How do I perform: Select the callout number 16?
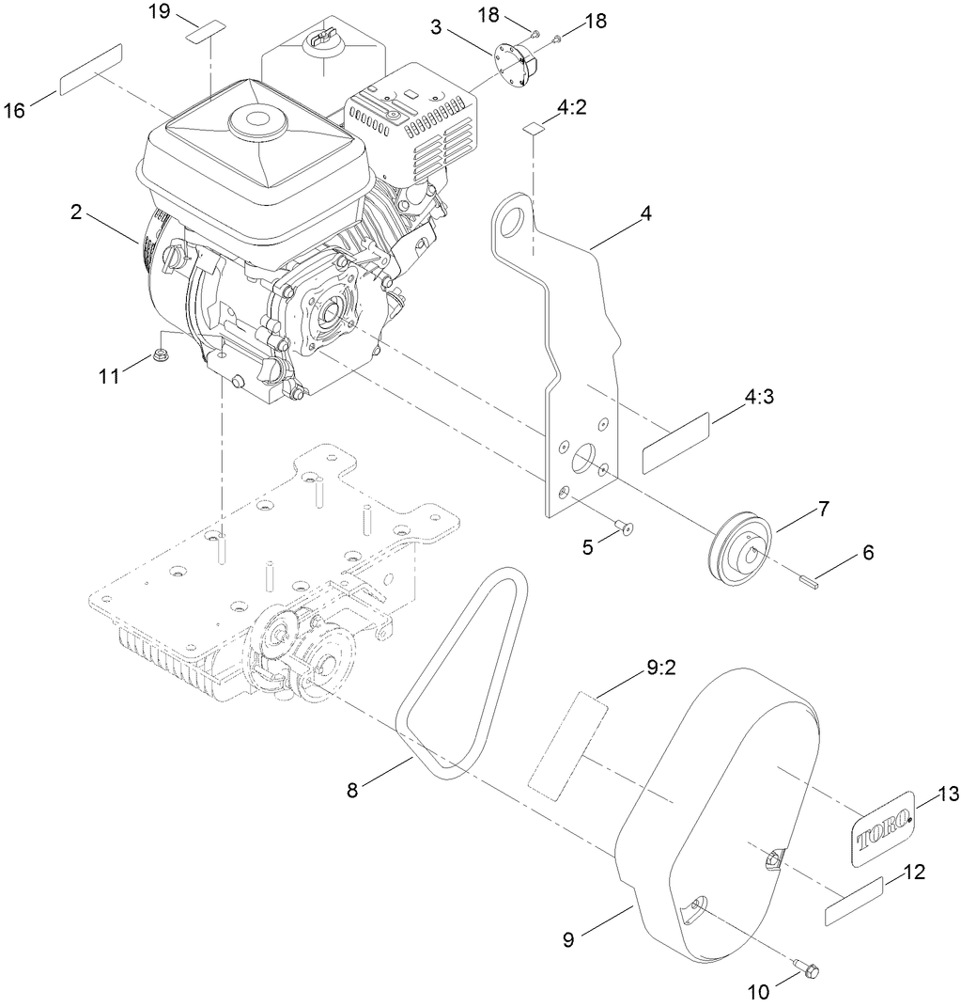pos(14,110)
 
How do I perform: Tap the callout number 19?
pos(161,11)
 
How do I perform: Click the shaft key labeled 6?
pos(811,580)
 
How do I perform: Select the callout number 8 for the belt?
pos(352,791)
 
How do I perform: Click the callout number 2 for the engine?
pos(76,212)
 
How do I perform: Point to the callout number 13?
pos(948,795)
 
